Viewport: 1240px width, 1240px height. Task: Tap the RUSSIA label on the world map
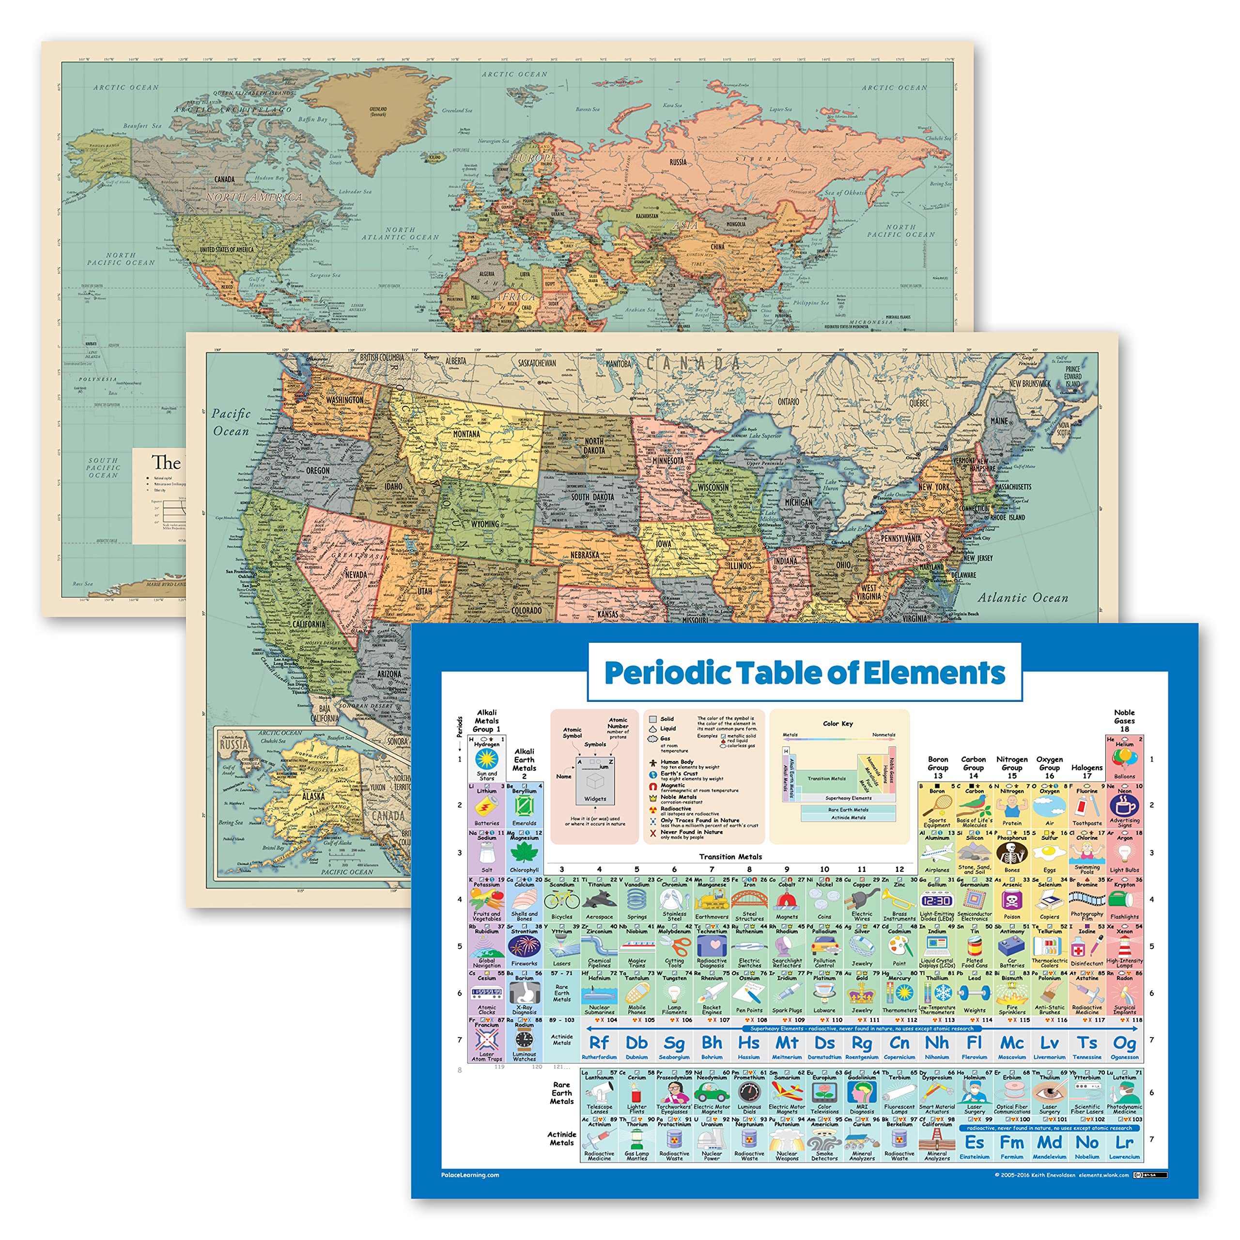tap(678, 162)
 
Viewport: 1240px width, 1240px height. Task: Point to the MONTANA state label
tap(466, 434)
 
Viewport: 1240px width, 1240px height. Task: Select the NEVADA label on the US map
tap(356, 574)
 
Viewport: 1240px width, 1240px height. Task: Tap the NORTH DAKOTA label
tap(594, 446)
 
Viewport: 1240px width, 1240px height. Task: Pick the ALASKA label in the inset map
tap(313, 796)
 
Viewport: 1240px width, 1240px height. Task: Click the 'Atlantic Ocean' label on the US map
tap(1023, 598)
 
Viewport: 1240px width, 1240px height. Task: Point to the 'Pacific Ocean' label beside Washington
tap(231, 422)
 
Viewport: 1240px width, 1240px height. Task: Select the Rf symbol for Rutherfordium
tap(599, 1042)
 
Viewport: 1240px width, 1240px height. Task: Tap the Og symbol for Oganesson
tap(1124, 1042)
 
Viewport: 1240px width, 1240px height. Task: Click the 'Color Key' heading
tap(837, 723)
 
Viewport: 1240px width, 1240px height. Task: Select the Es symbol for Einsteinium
tap(974, 1143)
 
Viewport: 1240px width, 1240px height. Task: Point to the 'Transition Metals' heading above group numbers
tap(730, 856)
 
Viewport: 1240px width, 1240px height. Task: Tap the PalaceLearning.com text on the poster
tap(470, 1175)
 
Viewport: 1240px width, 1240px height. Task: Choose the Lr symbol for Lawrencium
tap(1124, 1143)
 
